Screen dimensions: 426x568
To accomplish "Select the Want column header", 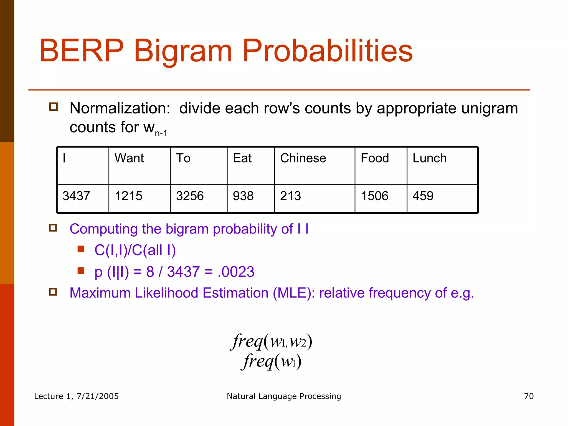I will pyautogui.click(x=129, y=158).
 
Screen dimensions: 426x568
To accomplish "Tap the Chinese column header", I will pyautogui.click(x=303, y=158).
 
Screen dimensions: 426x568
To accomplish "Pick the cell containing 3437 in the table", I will pyautogui.click(x=76, y=196).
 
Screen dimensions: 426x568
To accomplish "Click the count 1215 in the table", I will pyautogui.click(x=128, y=196).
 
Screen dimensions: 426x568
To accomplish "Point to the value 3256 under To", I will pyautogui.click(x=190, y=196).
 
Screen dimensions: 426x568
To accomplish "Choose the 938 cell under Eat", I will pyautogui.click(x=243, y=196).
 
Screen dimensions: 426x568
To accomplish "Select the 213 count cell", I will pyautogui.click(x=290, y=196).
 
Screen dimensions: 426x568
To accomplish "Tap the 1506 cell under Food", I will pyautogui.click(x=374, y=196).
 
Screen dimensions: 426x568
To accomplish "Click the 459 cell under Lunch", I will pyautogui.click(x=423, y=196).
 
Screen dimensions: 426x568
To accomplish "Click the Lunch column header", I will pyautogui.click(x=429, y=158).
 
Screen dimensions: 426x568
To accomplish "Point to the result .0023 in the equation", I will pyautogui.click(x=236, y=272).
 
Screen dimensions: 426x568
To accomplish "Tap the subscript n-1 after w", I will pyautogui.click(x=161, y=134).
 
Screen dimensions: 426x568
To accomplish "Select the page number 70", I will pyautogui.click(x=529, y=396).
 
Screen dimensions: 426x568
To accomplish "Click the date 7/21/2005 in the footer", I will pyautogui.click(x=97, y=396).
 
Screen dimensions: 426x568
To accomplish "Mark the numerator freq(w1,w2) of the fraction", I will pyautogui.click(x=271, y=341).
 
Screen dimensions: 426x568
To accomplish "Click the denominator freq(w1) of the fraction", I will pyautogui.click(x=271, y=361).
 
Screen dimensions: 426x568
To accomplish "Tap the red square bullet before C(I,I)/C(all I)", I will pyautogui.click(x=81, y=249).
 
